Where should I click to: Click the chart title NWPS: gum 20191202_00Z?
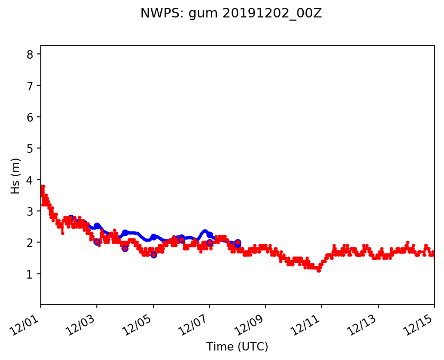pyautogui.click(x=231, y=14)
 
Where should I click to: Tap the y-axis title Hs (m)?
pyautogui.click(x=16, y=176)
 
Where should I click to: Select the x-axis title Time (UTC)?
pyautogui.click(x=237, y=347)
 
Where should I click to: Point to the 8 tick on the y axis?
pyautogui.click(x=30, y=54)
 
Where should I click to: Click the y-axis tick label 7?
pyautogui.click(x=30, y=86)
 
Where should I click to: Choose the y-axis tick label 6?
pyautogui.click(x=30, y=117)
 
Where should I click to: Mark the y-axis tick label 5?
pyautogui.click(x=30, y=149)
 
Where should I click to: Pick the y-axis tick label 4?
pyautogui.click(x=30, y=180)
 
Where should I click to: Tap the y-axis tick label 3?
pyautogui.click(x=30, y=211)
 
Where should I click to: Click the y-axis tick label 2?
pyautogui.click(x=30, y=243)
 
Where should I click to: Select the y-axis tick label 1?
pyautogui.click(x=30, y=274)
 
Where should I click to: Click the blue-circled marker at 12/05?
pyautogui.click(x=153, y=255)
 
